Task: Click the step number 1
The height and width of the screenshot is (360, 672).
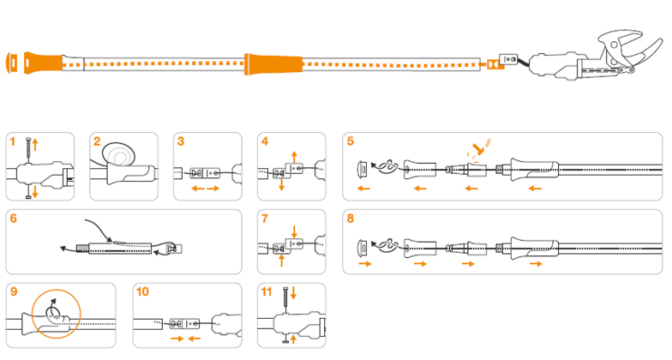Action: (x=12, y=141)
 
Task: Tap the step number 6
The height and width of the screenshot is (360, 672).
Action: (x=14, y=219)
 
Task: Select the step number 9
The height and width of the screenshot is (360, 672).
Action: (x=14, y=291)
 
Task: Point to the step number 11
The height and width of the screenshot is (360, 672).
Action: (x=267, y=291)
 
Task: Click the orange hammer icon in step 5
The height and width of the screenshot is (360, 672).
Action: (x=478, y=149)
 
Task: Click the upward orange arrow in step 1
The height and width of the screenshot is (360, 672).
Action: (x=36, y=144)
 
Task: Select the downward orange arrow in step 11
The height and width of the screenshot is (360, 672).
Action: (x=293, y=293)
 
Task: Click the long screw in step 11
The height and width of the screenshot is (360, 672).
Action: (x=285, y=302)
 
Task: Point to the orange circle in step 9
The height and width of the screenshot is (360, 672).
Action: (x=57, y=314)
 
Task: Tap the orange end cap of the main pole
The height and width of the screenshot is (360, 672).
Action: (x=12, y=63)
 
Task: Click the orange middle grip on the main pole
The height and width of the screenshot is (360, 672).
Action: (x=273, y=64)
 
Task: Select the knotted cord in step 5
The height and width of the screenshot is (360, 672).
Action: (x=387, y=168)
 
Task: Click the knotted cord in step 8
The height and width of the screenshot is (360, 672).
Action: (x=387, y=245)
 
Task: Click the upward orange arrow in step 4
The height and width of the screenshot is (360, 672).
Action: (x=293, y=156)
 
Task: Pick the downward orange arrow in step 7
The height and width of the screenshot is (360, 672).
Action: (x=293, y=231)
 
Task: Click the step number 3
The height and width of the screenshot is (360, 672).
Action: (x=181, y=141)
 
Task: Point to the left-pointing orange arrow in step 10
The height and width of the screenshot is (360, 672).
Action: (x=195, y=339)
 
